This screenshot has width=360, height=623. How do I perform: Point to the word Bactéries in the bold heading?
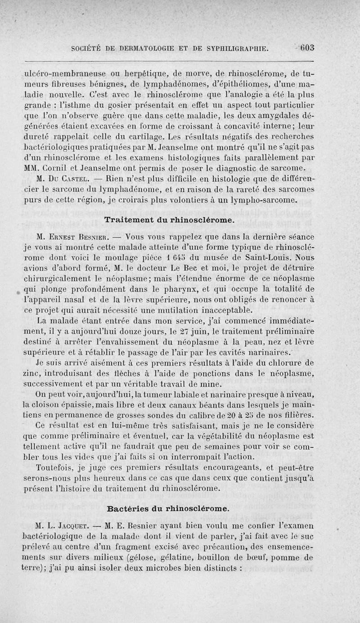point(129,509)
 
